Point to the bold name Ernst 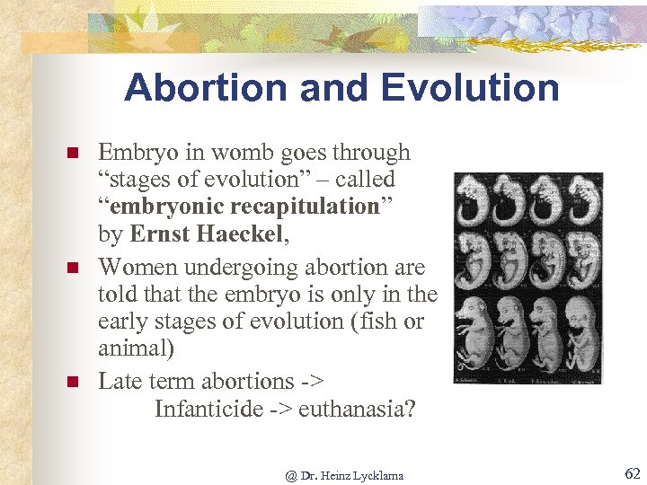[159, 235]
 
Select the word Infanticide [209, 410]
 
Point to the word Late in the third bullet [120, 381]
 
